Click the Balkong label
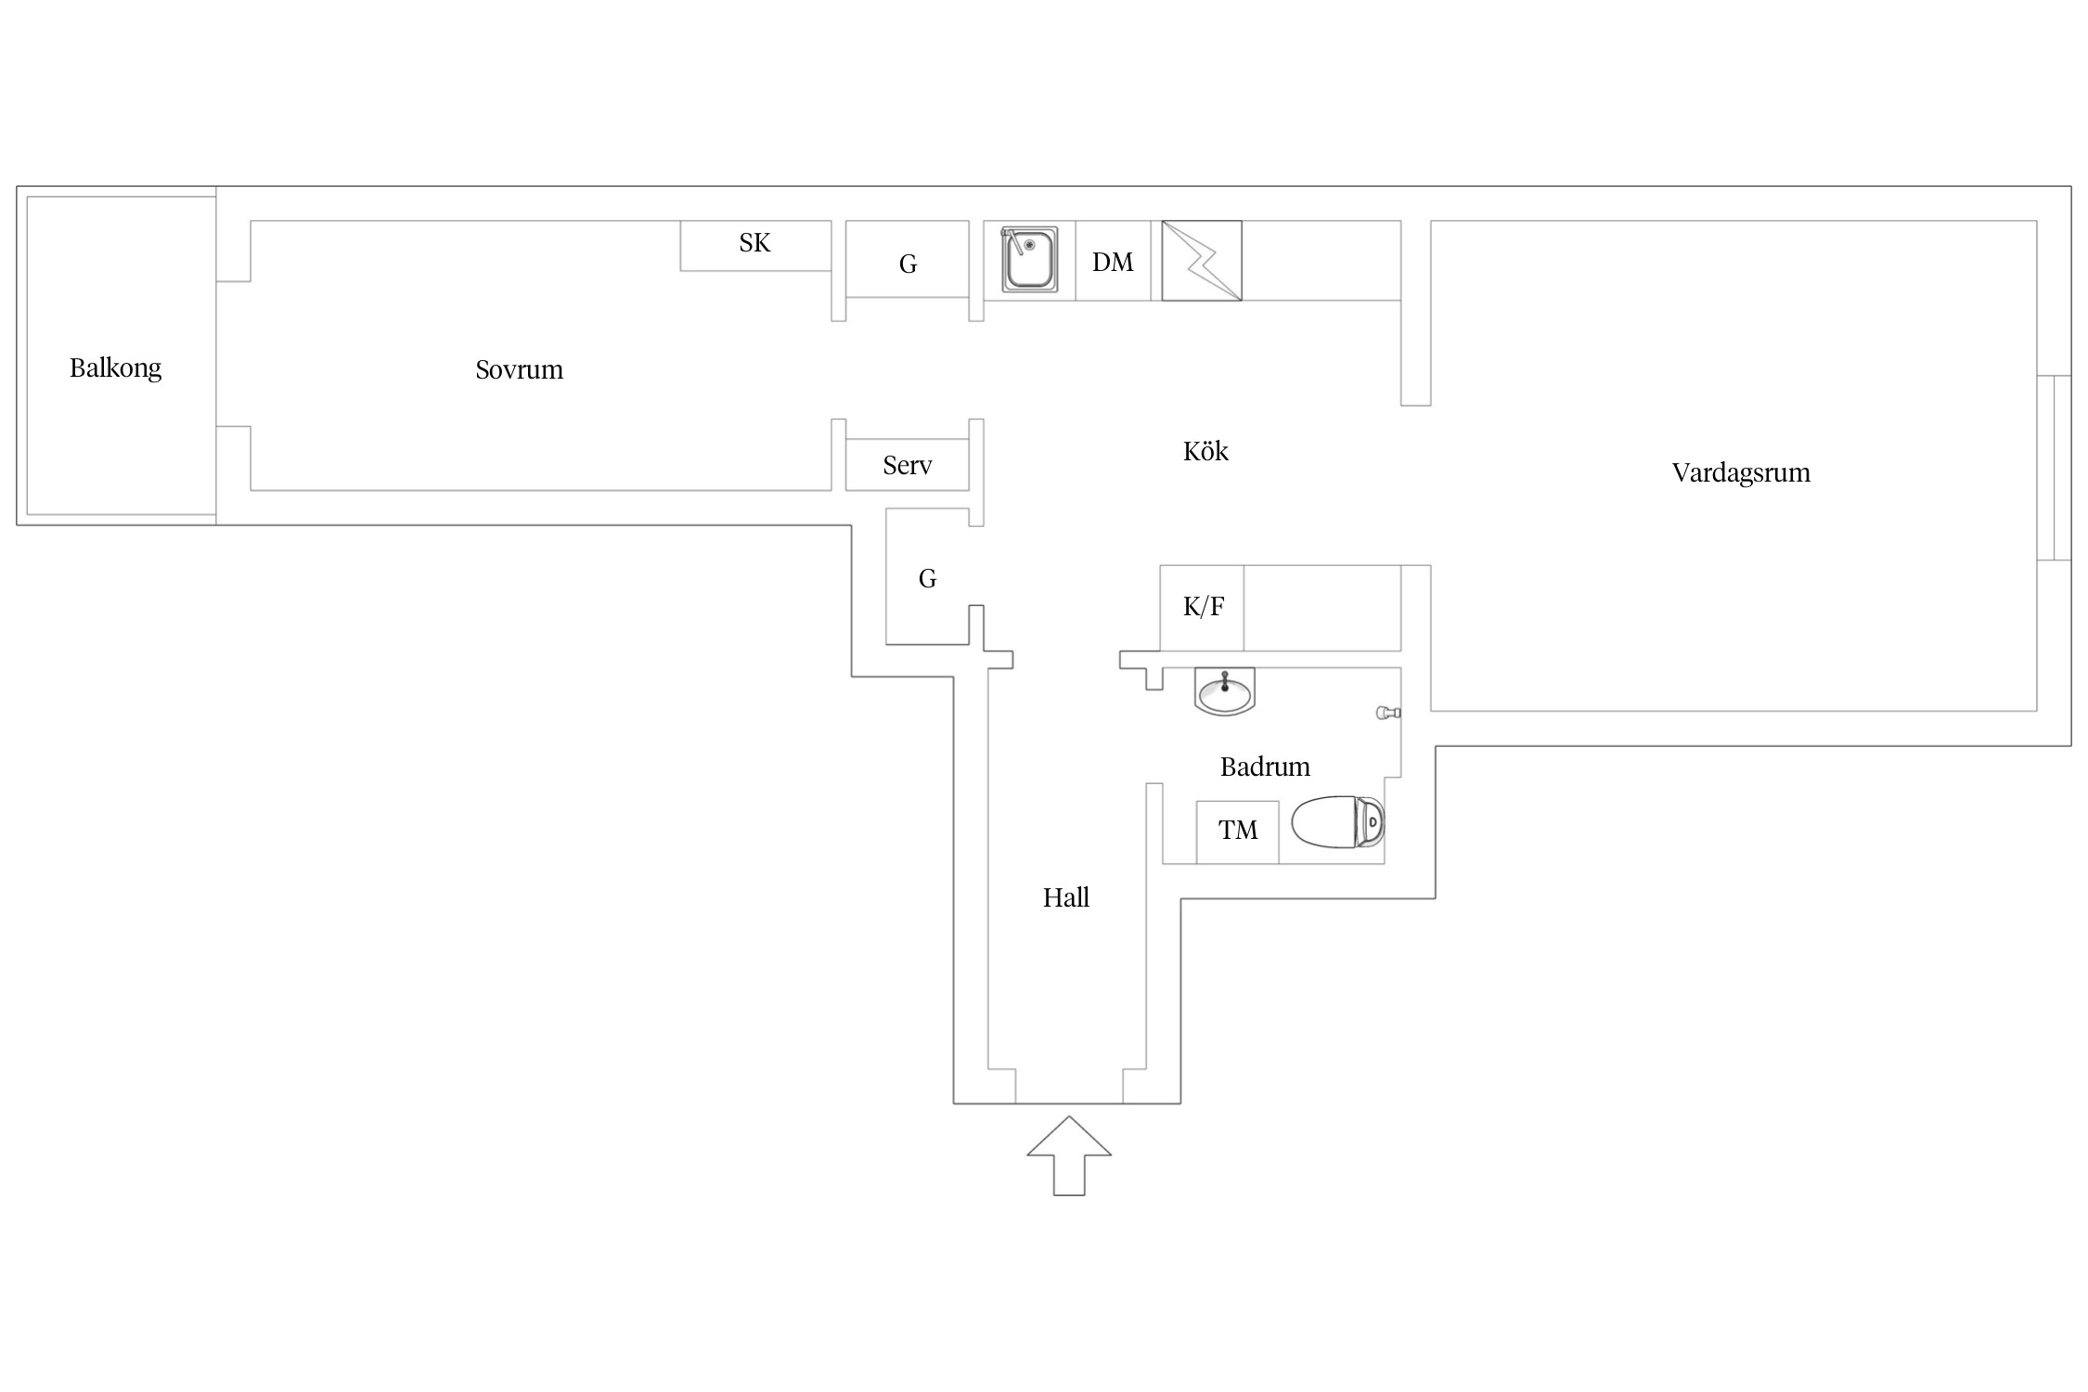pos(115,368)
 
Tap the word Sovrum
pos(519,370)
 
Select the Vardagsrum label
pos(1740,473)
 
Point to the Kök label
pos(1205,452)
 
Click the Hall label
pos(1065,897)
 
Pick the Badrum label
pos(1264,767)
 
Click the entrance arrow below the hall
pos(1069,1155)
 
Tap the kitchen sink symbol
pos(1029,260)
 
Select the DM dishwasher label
pos(1112,263)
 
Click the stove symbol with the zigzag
pos(1202,261)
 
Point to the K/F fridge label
pos(1203,607)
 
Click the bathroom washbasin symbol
pos(1224,691)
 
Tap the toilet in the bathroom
pos(1337,822)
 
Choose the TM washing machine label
pos(1237,831)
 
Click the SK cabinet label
pos(754,243)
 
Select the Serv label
pos(907,466)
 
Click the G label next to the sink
pos(908,265)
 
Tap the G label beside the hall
pos(927,579)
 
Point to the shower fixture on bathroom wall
pos(1387,713)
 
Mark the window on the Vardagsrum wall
pos(2054,468)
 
